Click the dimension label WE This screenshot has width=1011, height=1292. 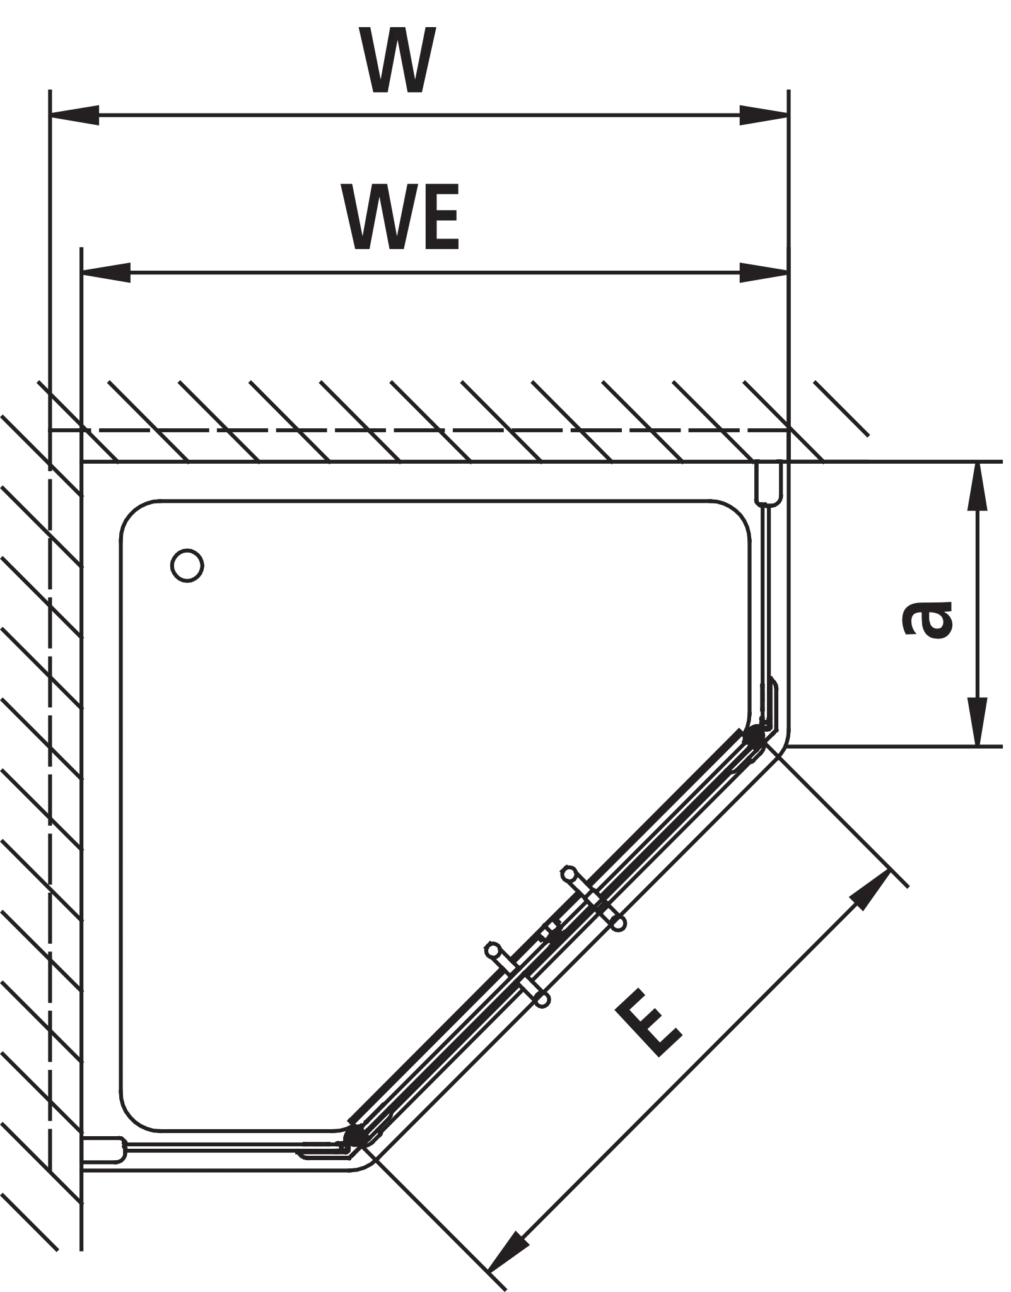400,218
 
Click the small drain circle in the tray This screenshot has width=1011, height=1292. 187,565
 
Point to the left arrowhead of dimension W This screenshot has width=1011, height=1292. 74,115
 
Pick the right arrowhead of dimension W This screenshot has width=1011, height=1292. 764,115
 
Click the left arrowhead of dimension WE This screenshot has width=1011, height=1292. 106,273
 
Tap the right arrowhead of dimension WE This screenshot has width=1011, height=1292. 764,273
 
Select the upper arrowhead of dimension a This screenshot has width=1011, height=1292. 978,486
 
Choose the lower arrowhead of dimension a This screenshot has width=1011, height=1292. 978,722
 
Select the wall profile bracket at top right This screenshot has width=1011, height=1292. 769,483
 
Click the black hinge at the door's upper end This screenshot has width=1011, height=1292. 754,736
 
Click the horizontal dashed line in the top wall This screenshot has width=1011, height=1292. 419,430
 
